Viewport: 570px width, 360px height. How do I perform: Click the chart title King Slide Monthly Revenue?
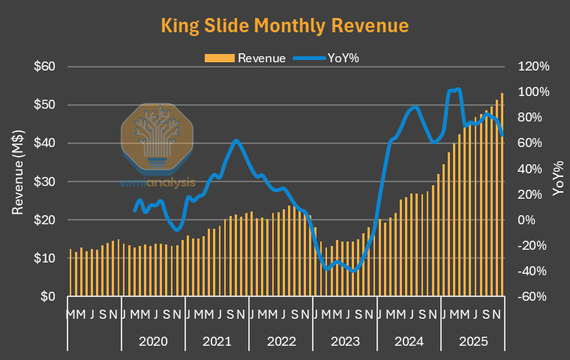(x=285, y=25)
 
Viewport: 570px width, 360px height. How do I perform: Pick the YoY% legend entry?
(x=329, y=58)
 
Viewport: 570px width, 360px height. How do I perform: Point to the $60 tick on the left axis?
(x=46, y=66)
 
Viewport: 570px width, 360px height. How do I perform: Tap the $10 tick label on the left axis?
(x=46, y=258)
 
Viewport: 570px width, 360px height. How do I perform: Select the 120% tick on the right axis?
(x=533, y=66)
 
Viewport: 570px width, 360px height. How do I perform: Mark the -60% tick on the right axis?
(x=533, y=296)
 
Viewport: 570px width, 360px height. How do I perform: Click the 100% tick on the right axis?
(x=533, y=91)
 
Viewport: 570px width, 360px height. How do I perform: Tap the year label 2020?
(x=153, y=341)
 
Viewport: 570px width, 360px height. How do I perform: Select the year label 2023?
(x=345, y=341)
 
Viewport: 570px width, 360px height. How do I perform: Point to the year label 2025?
(x=473, y=341)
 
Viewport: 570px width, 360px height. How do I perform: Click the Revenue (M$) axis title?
(x=18, y=173)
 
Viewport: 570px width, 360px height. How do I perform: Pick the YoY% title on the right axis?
(x=558, y=178)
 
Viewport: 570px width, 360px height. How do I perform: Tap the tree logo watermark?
(x=157, y=137)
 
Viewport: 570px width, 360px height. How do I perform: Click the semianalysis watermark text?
(x=157, y=181)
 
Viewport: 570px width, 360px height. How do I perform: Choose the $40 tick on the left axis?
(x=46, y=142)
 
